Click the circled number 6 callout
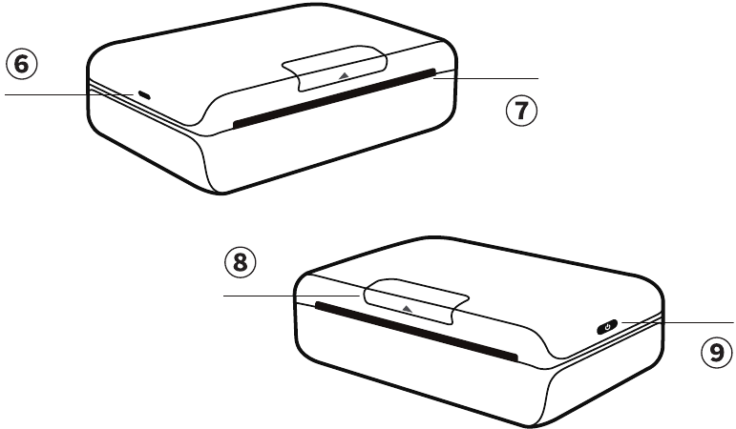tap(22, 64)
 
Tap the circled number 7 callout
tap(521, 111)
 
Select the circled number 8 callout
tap(241, 262)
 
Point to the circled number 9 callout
tap(717, 353)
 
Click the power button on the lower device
tap(607, 327)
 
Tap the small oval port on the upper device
tap(144, 96)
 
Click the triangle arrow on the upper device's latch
tap(344, 75)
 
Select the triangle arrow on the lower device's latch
tap(408, 309)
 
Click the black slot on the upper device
tap(334, 98)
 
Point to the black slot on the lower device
tap(417, 331)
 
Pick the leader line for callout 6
tap(70, 94)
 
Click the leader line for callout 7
tap(486, 79)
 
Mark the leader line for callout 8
tap(291, 296)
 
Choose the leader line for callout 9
tap(678, 322)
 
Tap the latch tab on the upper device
tap(334, 68)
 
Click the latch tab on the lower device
tap(415, 301)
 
